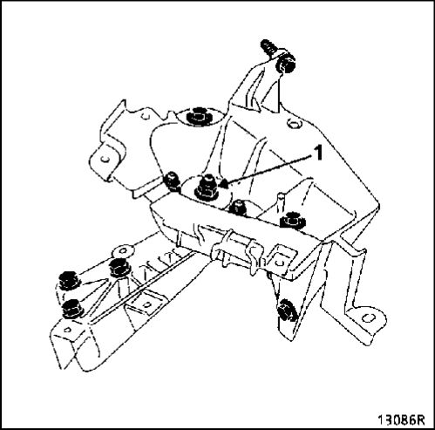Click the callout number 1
[x=319, y=153]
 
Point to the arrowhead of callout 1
[x=224, y=183]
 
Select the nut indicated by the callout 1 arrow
[x=206, y=188]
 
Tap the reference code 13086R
[x=401, y=420]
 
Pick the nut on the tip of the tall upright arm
[x=285, y=65]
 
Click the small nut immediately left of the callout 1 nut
[x=172, y=181]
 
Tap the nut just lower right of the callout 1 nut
[x=238, y=208]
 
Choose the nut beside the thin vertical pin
[x=292, y=221]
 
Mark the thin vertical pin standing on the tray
[x=281, y=203]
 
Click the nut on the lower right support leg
[x=287, y=311]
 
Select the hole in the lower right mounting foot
[x=368, y=318]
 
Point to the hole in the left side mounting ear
[x=105, y=160]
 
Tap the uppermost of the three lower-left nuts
[x=119, y=268]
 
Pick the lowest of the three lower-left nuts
[x=72, y=308]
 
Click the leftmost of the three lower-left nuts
[x=69, y=281]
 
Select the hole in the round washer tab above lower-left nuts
[x=124, y=250]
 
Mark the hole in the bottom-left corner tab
[x=67, y=330]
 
